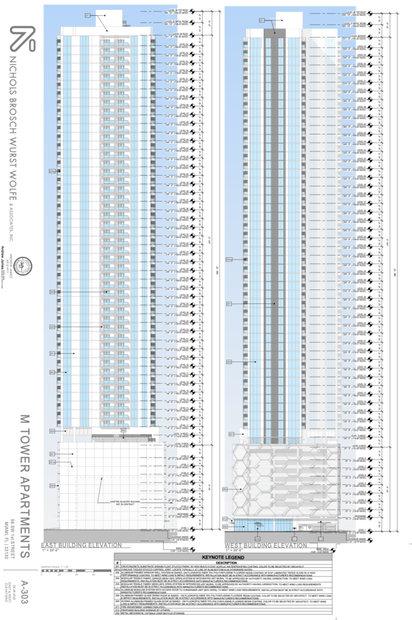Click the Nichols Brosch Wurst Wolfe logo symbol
tap(21, 41)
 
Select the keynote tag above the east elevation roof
tap(87, 15)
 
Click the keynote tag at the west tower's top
tap(262, 21)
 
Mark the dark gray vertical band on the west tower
tap(276, 230)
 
